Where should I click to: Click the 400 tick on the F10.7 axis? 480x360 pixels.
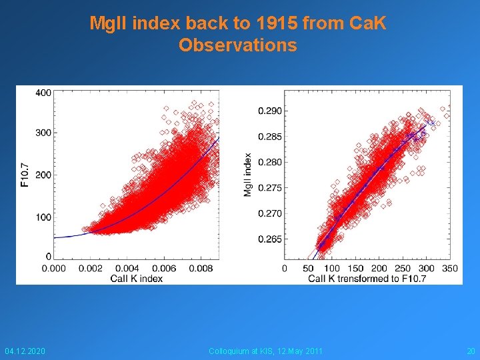(x=43, y=92)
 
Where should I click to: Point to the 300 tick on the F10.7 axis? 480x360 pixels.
(x=43, y=133)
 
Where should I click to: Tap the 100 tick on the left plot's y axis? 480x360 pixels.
(x=43, y=217)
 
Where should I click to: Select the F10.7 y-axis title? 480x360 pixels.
(x=25, y=175)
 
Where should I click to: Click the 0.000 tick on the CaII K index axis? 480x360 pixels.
(x=54, y=269)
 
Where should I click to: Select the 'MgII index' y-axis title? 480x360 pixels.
(x=247, y=175)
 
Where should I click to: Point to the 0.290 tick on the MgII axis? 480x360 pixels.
(x=269, y=111)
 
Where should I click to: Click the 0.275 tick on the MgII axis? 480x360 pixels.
(x=269, y=188)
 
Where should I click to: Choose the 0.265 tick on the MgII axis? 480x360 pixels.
(x=269, y=239)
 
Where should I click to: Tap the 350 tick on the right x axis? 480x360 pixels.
(x=450, y=269)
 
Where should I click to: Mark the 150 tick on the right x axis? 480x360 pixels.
(x=355, y=269)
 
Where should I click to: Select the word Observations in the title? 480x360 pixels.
(x=238, y=45)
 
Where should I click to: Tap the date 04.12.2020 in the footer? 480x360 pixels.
(x=25, y=351)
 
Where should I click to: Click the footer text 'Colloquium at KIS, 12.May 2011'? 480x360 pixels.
(x=265, y=351)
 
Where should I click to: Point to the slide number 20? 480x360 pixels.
(x=471, y=351)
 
